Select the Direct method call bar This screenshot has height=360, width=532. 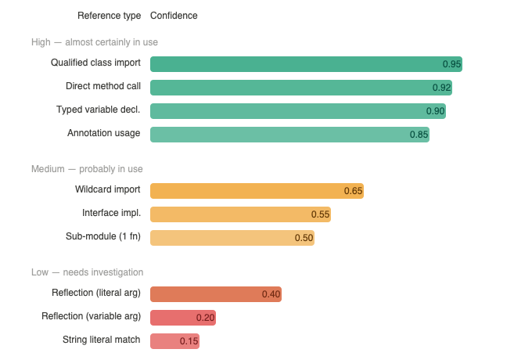tap(301, 88)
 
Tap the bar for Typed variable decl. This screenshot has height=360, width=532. tap(298, 111)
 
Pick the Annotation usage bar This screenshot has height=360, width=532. tap(289, 135)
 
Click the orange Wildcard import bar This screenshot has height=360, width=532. tap(257, 191)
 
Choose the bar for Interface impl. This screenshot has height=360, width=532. tap(240, 214)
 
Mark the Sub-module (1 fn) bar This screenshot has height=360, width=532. tap(232, 238)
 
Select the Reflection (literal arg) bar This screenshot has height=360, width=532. tap(215, 294)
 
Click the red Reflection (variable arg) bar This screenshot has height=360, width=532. tap(182, 318)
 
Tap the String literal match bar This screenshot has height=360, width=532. tap(174, 341)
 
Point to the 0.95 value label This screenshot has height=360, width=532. tap(451, 64)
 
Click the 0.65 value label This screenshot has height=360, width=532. tap(353, 191)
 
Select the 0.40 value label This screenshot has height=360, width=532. tap(271, 294)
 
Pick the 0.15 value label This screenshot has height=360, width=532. tap(189, 341)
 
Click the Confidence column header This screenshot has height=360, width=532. tap(174, 16)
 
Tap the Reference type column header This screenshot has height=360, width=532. tap(110, 16)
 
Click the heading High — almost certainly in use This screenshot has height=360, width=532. tap(95, 41)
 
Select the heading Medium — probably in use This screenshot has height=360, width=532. tap(86, 169)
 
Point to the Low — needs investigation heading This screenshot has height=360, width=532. tap(87, 272)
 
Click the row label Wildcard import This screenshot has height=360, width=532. tap(108, 190)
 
